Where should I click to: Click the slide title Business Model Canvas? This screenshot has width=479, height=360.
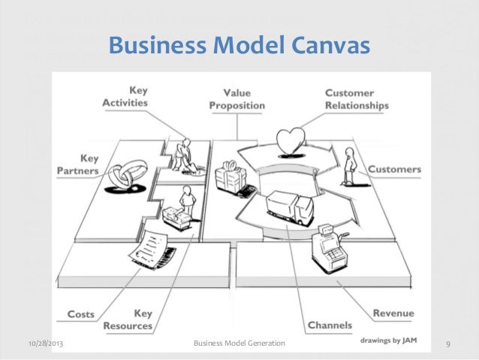pyautogui.click(x=239, y=47)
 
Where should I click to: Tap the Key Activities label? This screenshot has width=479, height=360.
pyautogui.click(x=125, y=96)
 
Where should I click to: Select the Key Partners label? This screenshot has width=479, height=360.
pyautogui.click(x=78, y=165)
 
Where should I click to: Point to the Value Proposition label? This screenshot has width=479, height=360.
pyautogui.click(x=237, y=99)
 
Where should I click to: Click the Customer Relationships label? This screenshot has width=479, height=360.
pyautogui.click(x=357, y=99)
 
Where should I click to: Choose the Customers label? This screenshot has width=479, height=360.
pyautogui.click(x=394, y=169)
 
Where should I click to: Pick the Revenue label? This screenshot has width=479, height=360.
pyautogui.click(x=393, y=313)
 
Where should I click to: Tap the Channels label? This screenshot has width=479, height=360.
pyautogui.click(x=330, y=325)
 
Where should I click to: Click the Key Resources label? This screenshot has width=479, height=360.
pyautogui.click(x=132, y=319)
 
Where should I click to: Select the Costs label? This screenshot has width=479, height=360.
pyautogui.click(x=80, y=313)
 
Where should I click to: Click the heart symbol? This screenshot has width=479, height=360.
pyautogui.click(x=290, y=141)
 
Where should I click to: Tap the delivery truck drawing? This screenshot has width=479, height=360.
pyautogui.click(x=289, y=208)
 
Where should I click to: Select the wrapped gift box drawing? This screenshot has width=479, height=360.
pyautogui.click(x=230, y=178)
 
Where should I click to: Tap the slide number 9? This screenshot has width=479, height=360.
pyautogui.click(x=447, y=344)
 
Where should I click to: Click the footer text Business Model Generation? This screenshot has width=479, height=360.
pyautogui.click(x=239, y=343)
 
